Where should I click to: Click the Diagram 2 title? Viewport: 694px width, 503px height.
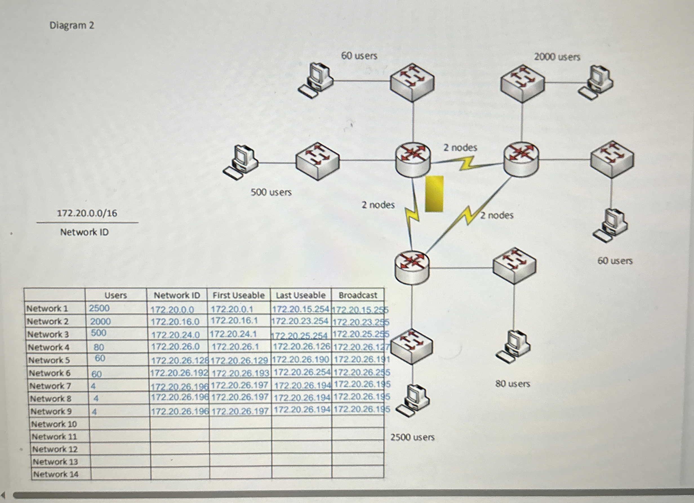(x=72, y=25)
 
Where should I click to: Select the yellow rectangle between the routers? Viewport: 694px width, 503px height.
(x=434, y=194)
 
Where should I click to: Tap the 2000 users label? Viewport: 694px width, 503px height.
(x=557, y=57)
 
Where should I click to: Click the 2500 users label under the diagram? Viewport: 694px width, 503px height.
(x=412, y=437)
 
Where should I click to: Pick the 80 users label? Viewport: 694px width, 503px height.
(x=513, y=384)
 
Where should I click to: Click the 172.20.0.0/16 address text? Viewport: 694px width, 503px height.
(x=87, y=213)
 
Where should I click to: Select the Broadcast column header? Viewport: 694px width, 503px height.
(x=358, y=295)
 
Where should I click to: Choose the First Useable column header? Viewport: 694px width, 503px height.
(x=238, y=295)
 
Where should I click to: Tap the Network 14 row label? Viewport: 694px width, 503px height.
(x=56, y=474)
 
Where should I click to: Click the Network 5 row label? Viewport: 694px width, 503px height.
(x=49, y=360)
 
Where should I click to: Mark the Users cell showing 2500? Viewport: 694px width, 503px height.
(x=99, y=308)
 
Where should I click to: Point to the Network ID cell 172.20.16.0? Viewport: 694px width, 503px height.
(x=175, y=322)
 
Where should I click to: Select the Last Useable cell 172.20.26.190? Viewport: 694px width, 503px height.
(x=300, y=359)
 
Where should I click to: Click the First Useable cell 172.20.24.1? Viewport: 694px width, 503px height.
(x=233, y=334)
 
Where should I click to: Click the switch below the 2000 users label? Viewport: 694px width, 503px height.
(x=522, y=83)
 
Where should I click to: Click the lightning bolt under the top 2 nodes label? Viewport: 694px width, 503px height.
(x=467, y=164)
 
